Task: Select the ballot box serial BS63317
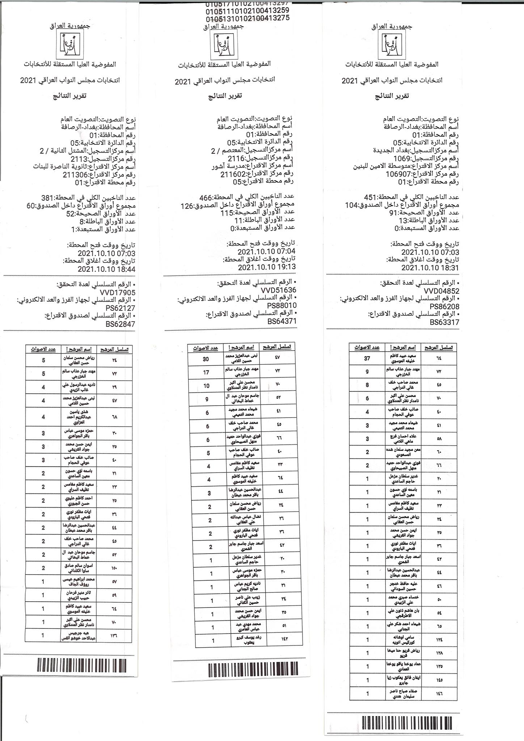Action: [x=444, y=322]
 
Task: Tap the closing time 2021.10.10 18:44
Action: [x=106, y=269]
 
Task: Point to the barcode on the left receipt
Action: [x=86, y=665]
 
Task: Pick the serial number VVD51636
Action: [x=278, y=290]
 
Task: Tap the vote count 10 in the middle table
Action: [x=206, y=385]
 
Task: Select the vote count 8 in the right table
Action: [x=367, y=385]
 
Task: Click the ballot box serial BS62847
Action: [x=121, y=324]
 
